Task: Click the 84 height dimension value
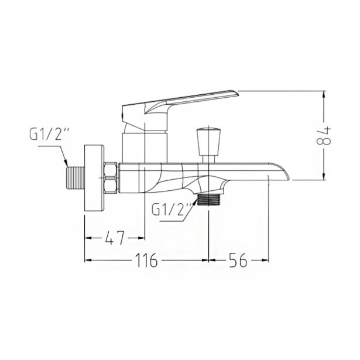324,136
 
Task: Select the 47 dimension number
115,238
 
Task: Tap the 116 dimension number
146,260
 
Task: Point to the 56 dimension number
238,260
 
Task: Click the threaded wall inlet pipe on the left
76,178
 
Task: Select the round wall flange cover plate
94,177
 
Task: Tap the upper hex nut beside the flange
111,170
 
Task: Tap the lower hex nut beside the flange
111,186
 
